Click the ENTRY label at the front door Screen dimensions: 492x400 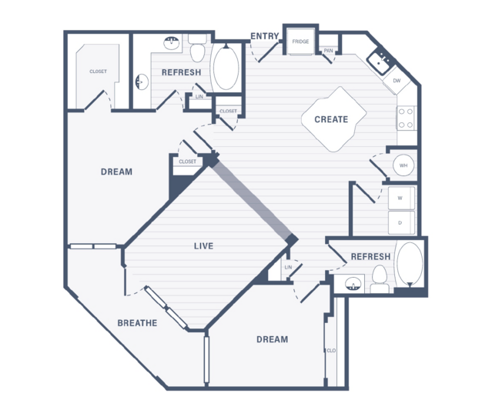coord(265,36)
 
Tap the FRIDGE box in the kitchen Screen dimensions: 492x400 coord(300,42)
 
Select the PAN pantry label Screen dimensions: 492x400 coord(328,51)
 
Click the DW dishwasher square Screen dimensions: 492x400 coord(397,81)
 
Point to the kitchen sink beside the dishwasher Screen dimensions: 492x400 coord(379,62)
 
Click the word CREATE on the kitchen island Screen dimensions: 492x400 coord(331,119)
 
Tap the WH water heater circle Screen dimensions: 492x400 coord(403,165)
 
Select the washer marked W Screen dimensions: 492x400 coord(401,198)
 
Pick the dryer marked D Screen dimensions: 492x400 coord(401,222)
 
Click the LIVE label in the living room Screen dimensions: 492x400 coord(203,246)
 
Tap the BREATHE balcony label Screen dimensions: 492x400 coord(137,323)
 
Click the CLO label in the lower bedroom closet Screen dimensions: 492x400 coord(331,351)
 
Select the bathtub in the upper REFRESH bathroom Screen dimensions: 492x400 coord(226,67)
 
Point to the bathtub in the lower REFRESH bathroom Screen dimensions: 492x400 coord(410,265)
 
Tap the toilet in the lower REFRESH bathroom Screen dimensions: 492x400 coord(380,278)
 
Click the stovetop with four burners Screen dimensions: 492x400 coord(406,118)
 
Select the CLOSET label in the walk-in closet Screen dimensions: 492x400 coord(98,72)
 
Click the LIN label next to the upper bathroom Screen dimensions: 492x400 coord(199,97)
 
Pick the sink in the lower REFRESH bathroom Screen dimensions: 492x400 coord(353,284)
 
